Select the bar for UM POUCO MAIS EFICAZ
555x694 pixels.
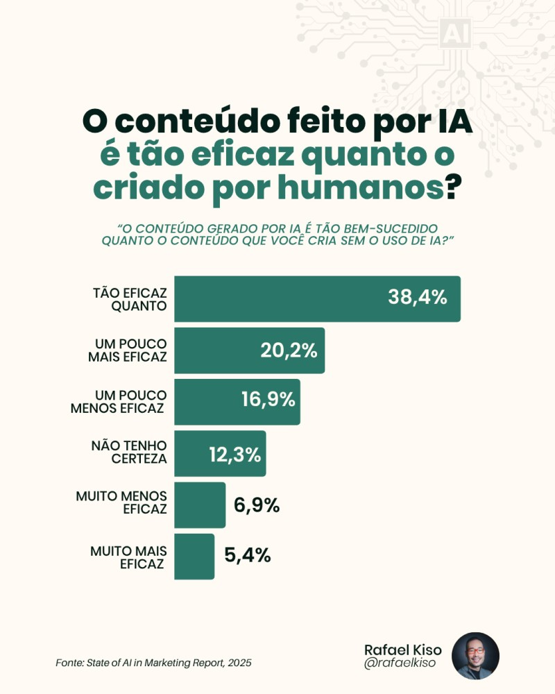[x=215, y=350]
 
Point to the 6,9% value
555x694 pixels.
[x=257, y=505]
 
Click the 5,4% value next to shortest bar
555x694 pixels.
[x=247, y=556]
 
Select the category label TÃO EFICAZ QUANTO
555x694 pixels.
[x=129, y=299]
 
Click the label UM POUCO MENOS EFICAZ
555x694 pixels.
[x=118, y=402]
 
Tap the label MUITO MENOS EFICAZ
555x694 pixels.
[x=121, y=505]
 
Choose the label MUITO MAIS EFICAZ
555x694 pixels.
[x=128, y=557]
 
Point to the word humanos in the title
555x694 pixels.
[x=366, y=187]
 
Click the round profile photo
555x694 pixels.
[x=475, y=656]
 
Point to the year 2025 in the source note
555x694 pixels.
[x=239, y=663]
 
